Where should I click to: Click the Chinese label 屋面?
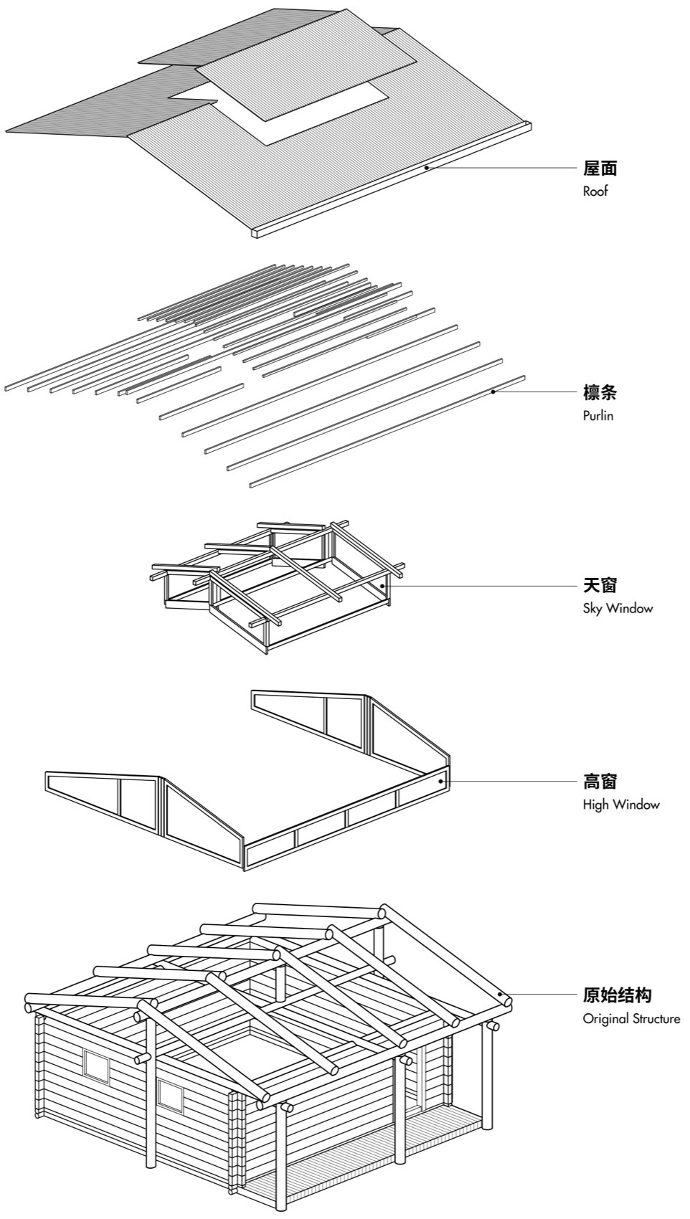tap(600, 169)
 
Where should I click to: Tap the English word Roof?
tap(595, 191)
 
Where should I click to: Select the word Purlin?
tap(597, 416)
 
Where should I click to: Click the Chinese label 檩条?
tap(600, 393)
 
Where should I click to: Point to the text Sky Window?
tap(618, 609)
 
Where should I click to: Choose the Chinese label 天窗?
tap(600, 585)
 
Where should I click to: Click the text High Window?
tap(620, 805)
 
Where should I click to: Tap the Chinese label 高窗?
tap(600, 781)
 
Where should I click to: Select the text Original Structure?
tap(631, 1019)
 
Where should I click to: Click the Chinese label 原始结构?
tap(617, 995)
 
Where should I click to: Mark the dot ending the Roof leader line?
tap(426, 168)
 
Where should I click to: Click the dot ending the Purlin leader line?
tap(493, 392)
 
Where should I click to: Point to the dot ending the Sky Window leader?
tap(382, 585)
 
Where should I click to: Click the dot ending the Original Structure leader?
tap(500, 995)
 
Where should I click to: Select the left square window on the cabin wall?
tap(96, 1066)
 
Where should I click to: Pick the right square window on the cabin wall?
tap(170, 1095)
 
